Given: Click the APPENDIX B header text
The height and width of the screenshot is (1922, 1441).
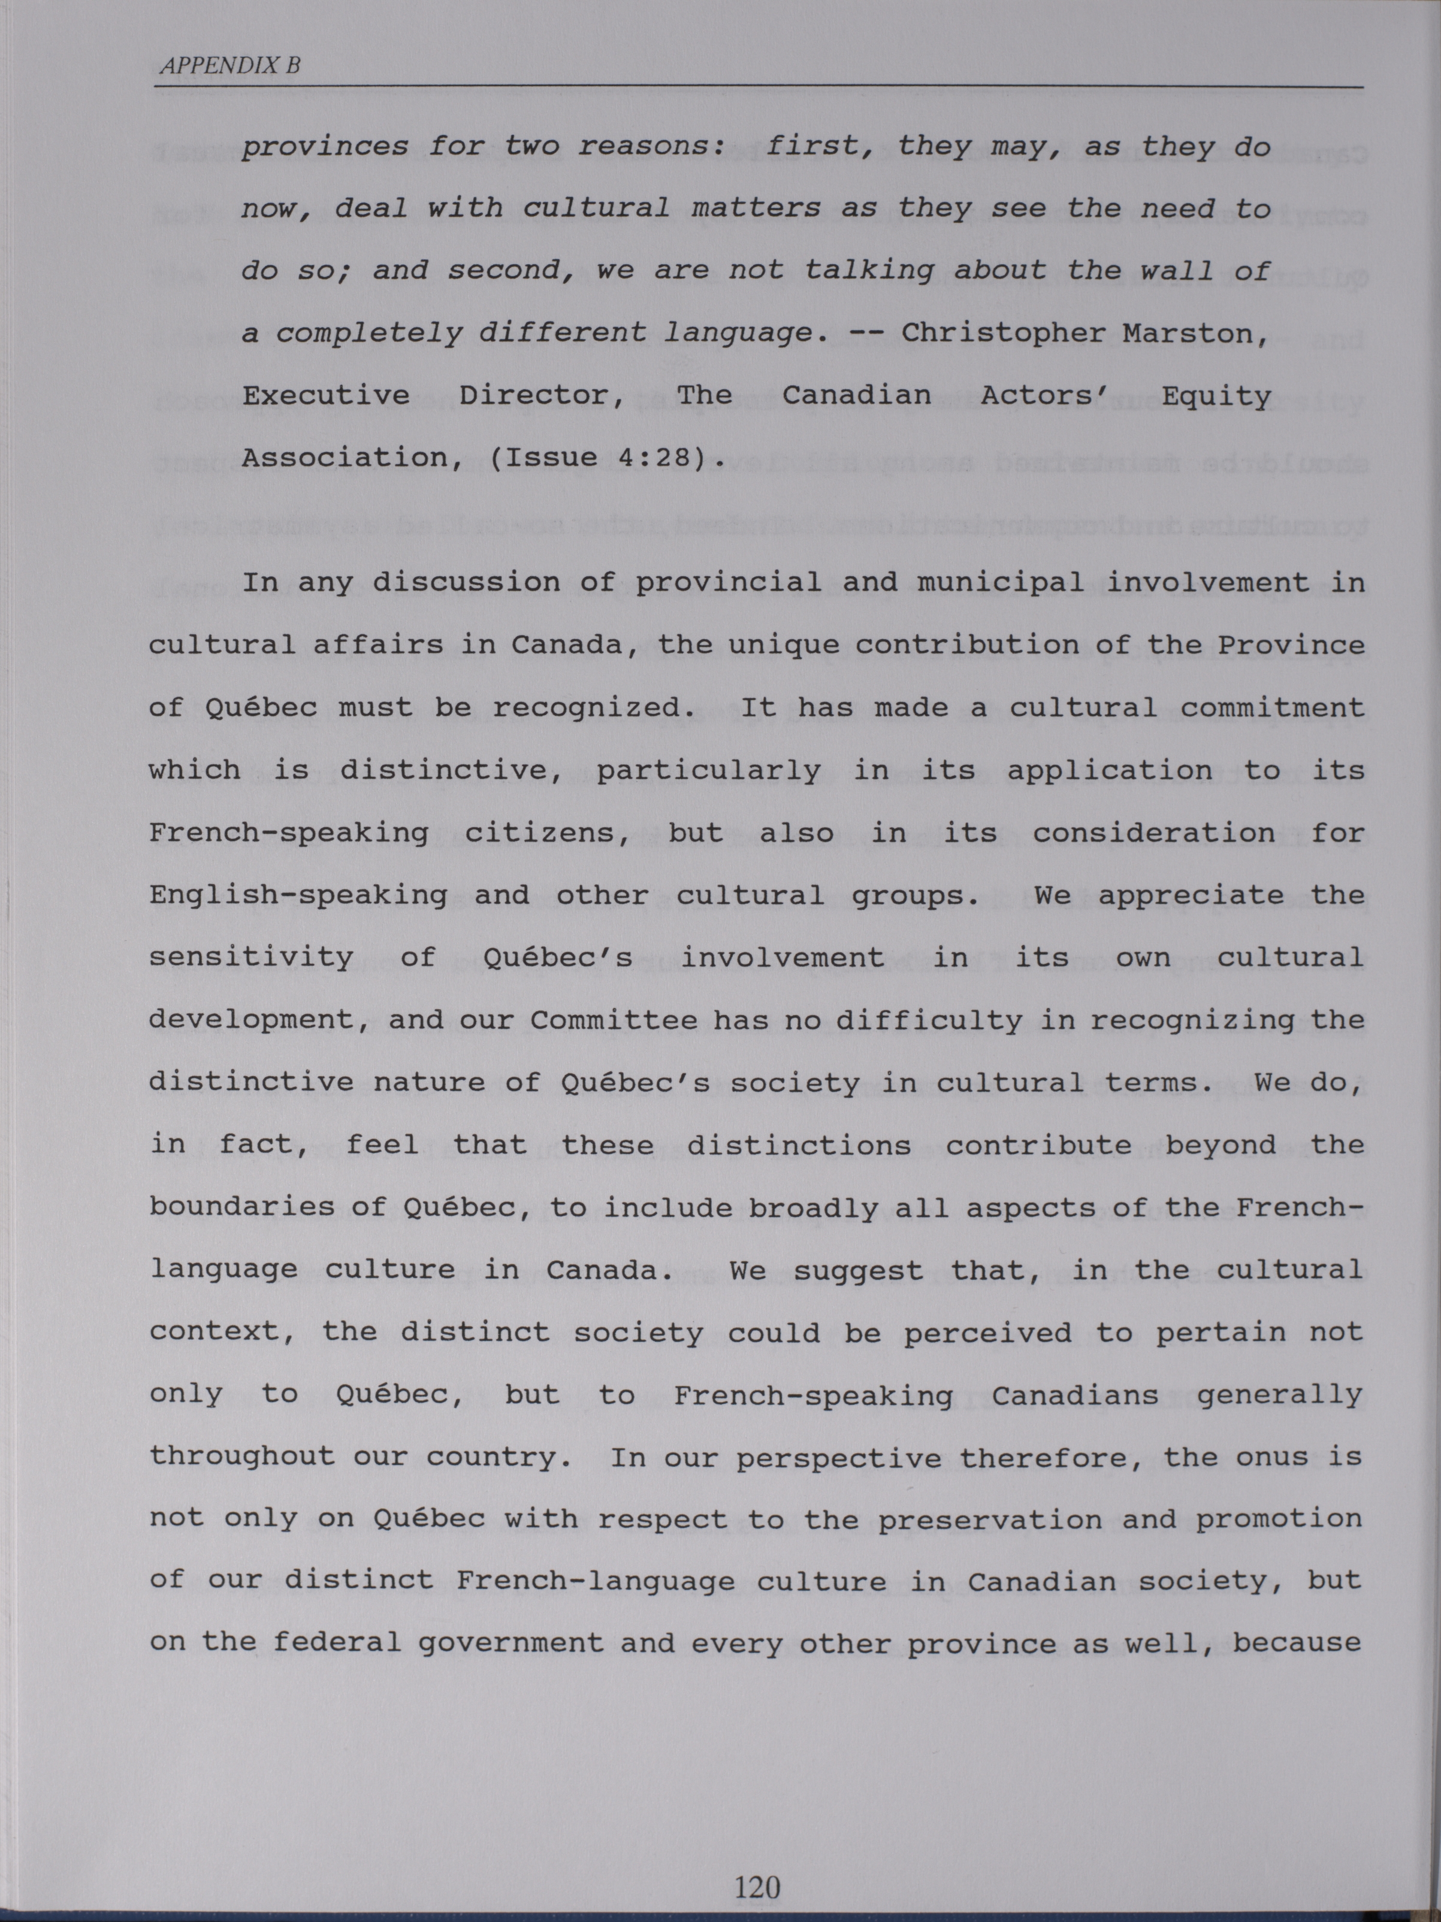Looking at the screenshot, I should (x=228, y=65).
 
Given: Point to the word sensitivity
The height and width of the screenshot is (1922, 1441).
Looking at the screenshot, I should (x=251, y=958).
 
